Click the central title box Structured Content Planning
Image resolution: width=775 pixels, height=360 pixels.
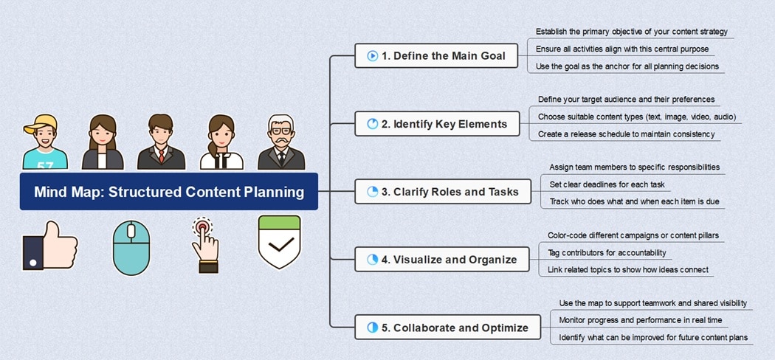point(169,192)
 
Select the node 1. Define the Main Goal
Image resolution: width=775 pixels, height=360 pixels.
point(435,56)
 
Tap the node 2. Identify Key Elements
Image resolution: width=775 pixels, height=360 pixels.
point(435,124)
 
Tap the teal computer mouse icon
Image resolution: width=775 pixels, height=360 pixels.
point(131,248)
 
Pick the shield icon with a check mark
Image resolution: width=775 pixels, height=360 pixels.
point(279,243)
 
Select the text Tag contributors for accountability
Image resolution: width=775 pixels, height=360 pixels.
point(607,252)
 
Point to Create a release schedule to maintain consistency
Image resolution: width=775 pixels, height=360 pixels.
point(626,134)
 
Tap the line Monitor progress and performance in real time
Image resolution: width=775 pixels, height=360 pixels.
point(641,320)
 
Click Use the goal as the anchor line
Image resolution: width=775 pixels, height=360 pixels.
point(627,66)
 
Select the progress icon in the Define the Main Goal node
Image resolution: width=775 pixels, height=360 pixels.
point(373,56)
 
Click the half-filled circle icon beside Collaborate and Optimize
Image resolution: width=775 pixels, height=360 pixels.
point(373,328)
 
